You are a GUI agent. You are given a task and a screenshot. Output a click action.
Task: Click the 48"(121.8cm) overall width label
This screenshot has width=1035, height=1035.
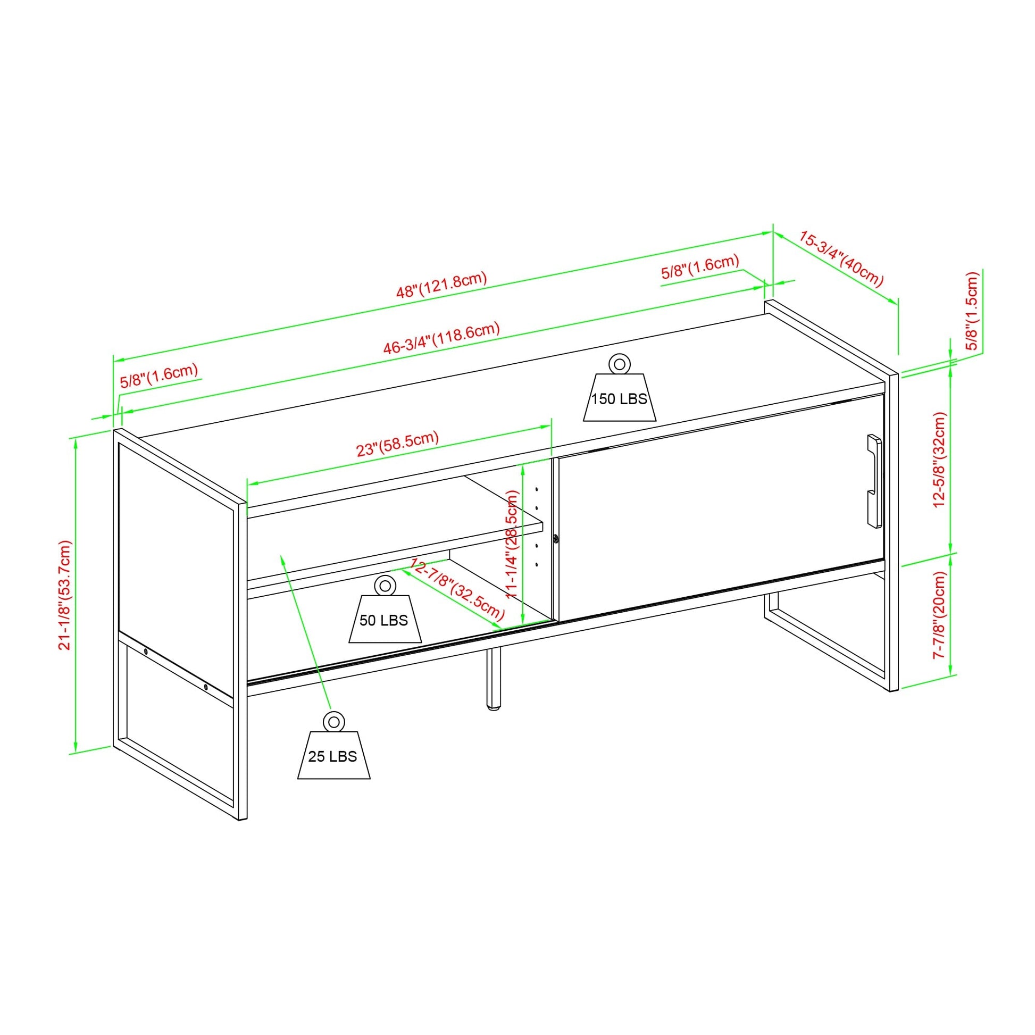click(441, 285)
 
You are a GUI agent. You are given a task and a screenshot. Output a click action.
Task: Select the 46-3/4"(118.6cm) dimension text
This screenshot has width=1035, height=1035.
click(441, 338)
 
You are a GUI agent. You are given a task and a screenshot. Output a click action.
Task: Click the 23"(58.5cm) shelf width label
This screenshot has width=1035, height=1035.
click(398, 444)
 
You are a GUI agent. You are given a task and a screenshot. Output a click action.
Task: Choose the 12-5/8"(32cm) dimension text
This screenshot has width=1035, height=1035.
click(941, 460)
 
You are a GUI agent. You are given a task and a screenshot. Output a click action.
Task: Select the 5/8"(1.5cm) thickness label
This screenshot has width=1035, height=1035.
click(972, 311)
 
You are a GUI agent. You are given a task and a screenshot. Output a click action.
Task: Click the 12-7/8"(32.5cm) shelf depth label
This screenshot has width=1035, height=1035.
click(457, 588)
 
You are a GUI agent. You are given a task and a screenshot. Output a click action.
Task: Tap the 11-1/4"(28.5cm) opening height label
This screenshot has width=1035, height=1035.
click(512, 544)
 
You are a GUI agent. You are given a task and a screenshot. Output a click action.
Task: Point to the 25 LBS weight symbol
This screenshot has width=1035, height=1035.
click(334, 745)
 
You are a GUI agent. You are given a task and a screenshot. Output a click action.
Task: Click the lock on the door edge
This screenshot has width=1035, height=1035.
click(556, 539)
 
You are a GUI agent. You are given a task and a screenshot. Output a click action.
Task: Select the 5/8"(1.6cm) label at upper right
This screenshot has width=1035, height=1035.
click(700, 266)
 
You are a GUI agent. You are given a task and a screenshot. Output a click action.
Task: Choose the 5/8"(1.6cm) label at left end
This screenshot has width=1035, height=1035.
click(159, 375)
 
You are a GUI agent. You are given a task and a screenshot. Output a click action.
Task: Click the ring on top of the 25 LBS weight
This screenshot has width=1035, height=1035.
click(334, 721)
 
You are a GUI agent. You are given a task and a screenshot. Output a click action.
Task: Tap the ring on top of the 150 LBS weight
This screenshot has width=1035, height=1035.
click(619, 364)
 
